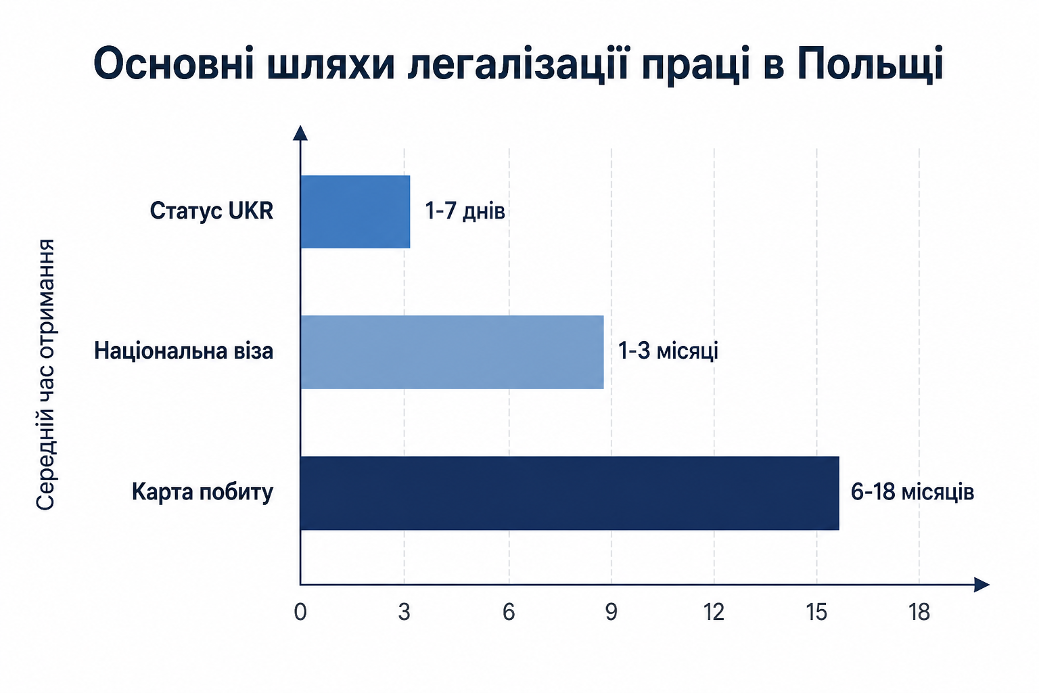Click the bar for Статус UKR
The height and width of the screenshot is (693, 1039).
click(x=355, y=212)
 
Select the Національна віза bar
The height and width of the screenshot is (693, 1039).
click(x=453, y=353)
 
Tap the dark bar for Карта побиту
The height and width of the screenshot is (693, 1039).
click(x=570, y=493)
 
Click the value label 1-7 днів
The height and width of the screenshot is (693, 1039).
click(x=465, y=211)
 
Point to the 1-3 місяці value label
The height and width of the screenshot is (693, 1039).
click(x=668, y=351)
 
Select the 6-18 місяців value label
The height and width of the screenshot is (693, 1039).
click(x=913, y=492)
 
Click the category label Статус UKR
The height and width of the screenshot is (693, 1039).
click(x=212, y=211)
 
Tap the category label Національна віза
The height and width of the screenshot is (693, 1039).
click(x=184, y=351)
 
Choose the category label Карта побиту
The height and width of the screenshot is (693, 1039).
click(x=203, y=493)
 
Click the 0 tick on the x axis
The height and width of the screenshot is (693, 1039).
click(x=300, y=612)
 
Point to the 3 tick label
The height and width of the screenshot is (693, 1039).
click(x=404, y=612)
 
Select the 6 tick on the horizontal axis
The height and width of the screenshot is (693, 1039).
click(x=509, y=612)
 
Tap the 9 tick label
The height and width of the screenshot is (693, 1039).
click(x=611, y=612)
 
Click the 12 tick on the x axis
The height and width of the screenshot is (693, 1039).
click(x=714, y=612)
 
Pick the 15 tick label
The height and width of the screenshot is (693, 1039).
click(x=816, y=612)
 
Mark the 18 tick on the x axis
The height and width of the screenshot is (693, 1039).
click(x=919, y=612)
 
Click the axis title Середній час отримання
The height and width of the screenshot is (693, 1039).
click(x=45, y=375)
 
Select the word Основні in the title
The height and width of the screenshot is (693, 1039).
click(x=174, y=63)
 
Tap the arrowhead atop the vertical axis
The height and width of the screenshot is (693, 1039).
click(x=300, y=133)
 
